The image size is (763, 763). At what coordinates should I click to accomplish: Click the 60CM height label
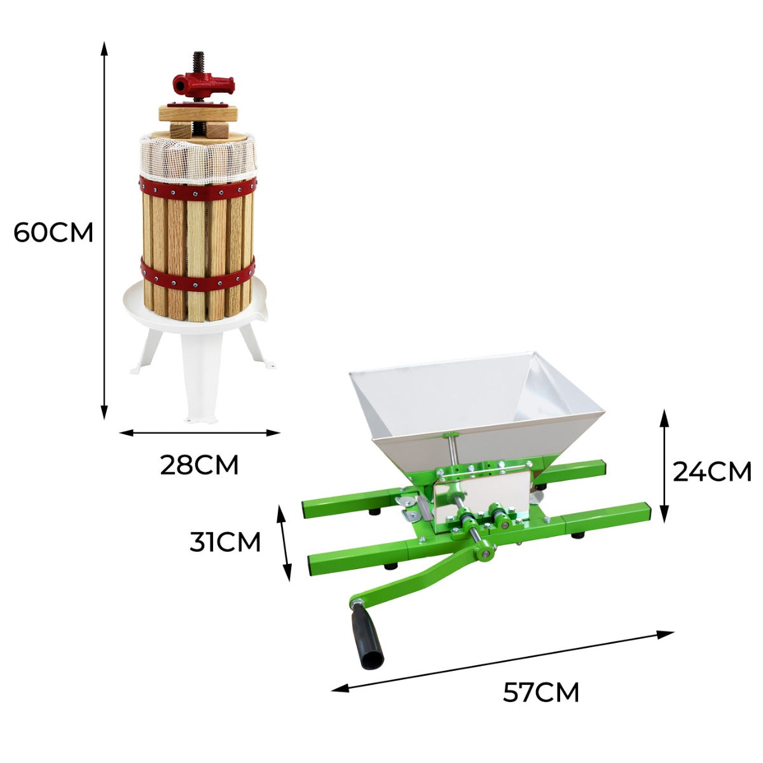[x=53, y=233]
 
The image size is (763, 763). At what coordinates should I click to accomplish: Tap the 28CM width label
[x=199, y=465]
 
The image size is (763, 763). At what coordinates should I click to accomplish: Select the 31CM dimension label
[x=225, y=542]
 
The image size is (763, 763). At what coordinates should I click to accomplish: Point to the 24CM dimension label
[x=712, y=472]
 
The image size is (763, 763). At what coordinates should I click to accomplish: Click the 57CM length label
[x=541, y=692]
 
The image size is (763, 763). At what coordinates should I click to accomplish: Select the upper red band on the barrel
[x=198, y=189]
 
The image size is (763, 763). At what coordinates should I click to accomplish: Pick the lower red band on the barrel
[x=198, y=275]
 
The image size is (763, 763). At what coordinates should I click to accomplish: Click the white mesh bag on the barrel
[x=198, y=159]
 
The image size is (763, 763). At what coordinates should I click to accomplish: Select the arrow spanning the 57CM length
[x=502, y=660]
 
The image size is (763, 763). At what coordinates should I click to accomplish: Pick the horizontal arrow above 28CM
[x=200, y=433]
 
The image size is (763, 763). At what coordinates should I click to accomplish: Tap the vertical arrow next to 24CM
[x=664, y=465]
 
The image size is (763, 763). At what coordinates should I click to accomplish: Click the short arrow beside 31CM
[x=284, y=543]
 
